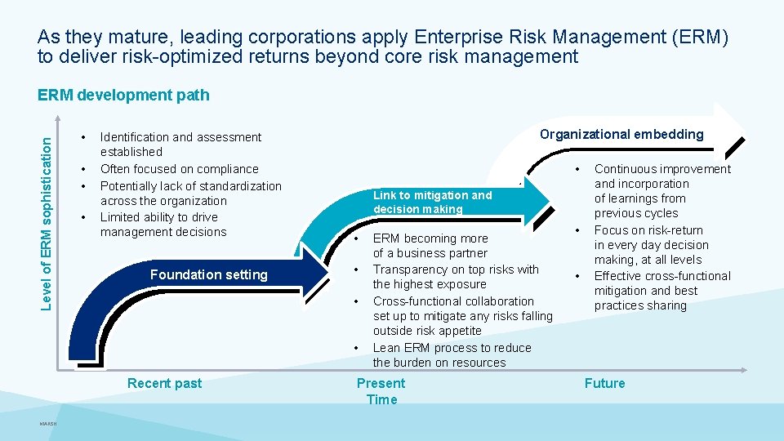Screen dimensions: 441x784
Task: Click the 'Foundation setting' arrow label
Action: tap(208, 275)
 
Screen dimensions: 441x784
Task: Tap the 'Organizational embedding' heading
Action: tap(621, 134)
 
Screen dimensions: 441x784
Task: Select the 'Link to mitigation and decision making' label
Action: tap(432, 202)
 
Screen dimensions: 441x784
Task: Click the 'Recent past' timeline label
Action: tap(164, 383)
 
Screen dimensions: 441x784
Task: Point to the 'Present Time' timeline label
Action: tap(381, 391)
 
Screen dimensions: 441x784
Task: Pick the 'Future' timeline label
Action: tap(604, 383)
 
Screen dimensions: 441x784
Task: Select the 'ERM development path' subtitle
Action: tap(123, 95)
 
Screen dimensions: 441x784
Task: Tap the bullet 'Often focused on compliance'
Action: tap(179, 169)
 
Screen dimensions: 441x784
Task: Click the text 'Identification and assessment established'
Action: tap(180, 145)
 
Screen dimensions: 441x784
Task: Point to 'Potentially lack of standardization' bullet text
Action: tap(190, 193)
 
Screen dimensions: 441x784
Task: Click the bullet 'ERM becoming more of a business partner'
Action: tap(430, 246)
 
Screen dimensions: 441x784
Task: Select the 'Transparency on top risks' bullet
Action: tap(456, 277)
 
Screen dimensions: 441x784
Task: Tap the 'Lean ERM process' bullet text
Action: tap(452, 354)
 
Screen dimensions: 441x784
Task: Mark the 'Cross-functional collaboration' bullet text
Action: tap(462, 316)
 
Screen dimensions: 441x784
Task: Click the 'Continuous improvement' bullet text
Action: tap(661, 191)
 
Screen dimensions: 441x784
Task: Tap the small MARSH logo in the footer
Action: tap(47, 423)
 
